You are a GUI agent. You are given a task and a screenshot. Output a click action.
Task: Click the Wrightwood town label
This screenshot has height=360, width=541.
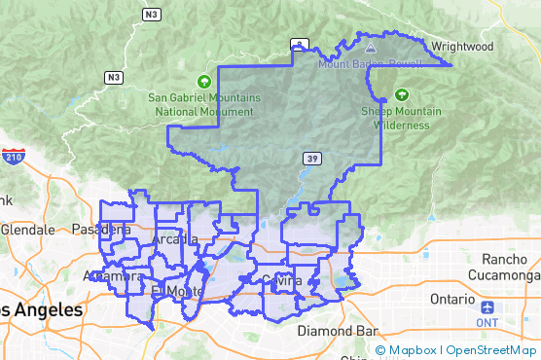point(462,46)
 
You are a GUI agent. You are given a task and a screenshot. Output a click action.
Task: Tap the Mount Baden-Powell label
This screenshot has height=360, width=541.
point(369,64)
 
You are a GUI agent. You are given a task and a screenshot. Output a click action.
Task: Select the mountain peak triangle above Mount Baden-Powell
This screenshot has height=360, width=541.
point(370,45)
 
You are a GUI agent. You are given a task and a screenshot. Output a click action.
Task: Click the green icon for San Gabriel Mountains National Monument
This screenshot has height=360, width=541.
point(203,82)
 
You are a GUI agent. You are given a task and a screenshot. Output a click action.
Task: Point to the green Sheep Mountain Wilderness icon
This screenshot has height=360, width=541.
point(401,95)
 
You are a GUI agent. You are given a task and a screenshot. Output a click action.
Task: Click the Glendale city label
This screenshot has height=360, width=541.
point(28,230)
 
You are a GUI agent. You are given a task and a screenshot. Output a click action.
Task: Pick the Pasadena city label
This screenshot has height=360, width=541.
point(101,230)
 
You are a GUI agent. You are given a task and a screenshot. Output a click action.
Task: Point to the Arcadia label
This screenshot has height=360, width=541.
point(175,239)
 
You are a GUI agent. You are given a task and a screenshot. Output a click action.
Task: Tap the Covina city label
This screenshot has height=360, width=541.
point(282,281)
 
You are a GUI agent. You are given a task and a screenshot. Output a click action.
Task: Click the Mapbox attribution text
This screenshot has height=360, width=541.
point(413,350)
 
